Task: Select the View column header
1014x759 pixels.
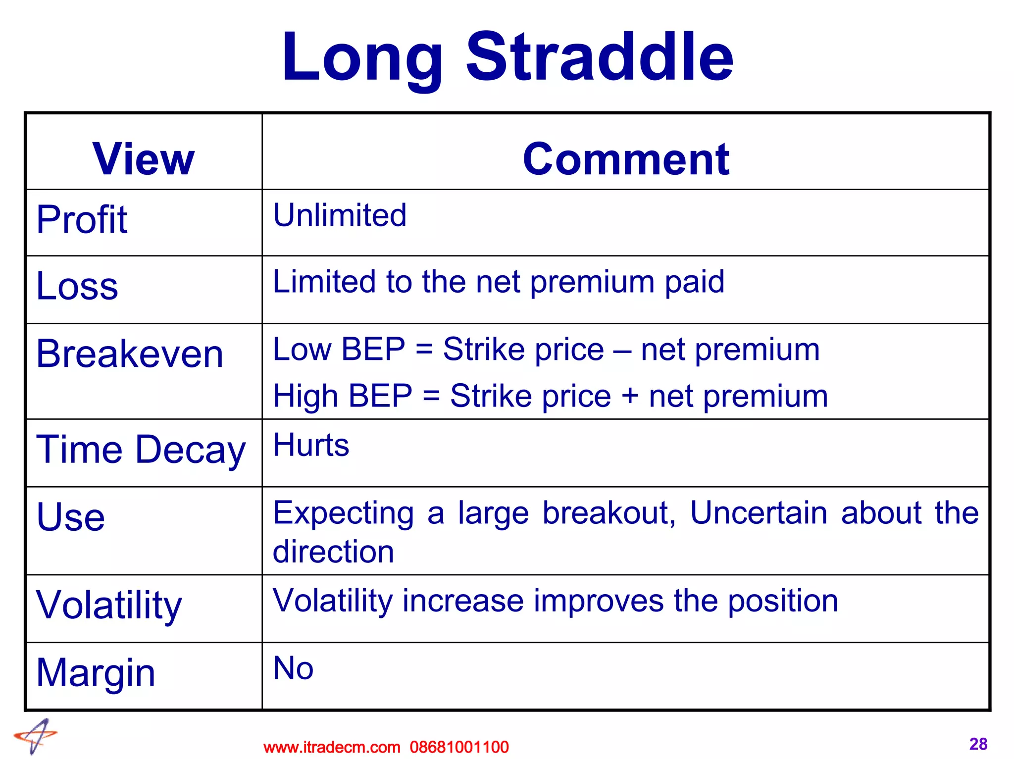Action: pyautogui.click(x=144, y=159)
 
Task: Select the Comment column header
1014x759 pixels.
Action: pyautogui.click(x=626, y=159)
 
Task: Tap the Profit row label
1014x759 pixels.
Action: pyautogui.click(x=82, y=219)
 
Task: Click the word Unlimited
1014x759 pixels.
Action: pyautogui.click(x=340, y=215)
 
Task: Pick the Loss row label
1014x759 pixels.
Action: pyautogui.click(x=77, y=286)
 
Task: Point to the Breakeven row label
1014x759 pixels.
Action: pyautogui.click(x=130, y=354)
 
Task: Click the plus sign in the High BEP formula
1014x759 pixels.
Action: pyautogui.click(x=630, y=396)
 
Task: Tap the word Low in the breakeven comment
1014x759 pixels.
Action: pyautogui.click(x=302, y=350)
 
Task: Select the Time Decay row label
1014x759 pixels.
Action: pyautogui.click(x=141, y=450)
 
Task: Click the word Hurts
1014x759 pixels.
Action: pyautogui.click(x=311, y=445)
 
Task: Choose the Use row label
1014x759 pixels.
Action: pyautogui.click(x=71, y=517)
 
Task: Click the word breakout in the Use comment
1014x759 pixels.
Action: pyautogui.click(x=609, y=513)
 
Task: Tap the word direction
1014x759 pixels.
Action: pyautogui.click(x=333, y=552)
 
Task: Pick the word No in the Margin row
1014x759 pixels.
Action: pyautogui.click(x=293, y=668)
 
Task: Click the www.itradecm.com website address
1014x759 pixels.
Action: pyautogui.click(x=332, y=747)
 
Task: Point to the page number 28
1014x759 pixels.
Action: pyautogui.click(x=978, y=744)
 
